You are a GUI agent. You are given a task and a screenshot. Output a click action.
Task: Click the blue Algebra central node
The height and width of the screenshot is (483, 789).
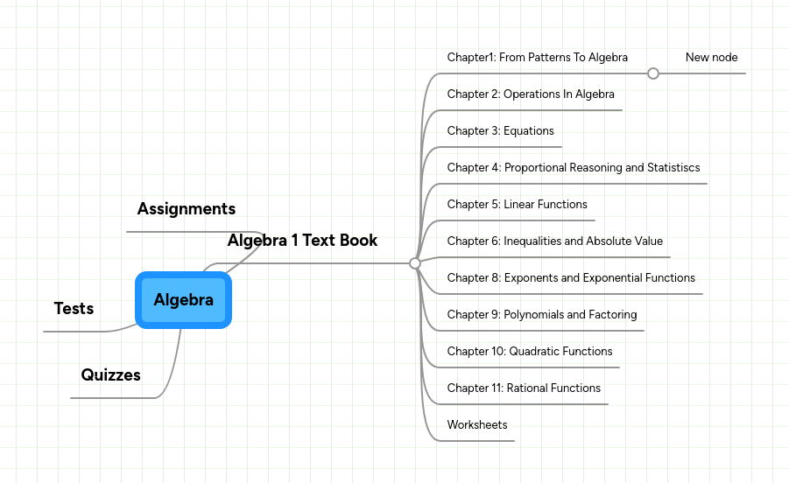coord(184,300)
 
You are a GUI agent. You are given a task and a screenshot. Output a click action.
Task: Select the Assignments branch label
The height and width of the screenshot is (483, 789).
coord(187,209)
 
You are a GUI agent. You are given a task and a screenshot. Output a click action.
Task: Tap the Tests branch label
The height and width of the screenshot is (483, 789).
coord(74,309)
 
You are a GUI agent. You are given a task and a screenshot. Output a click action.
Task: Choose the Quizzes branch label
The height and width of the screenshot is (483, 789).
coord(111,375)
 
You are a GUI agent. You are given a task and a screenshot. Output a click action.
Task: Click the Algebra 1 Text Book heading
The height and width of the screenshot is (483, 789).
coord(302,241)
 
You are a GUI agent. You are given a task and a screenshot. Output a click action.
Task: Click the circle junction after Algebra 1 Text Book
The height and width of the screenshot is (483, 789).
coord(415,262)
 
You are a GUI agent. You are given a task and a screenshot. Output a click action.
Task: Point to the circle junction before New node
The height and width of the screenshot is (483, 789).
coord(653,73)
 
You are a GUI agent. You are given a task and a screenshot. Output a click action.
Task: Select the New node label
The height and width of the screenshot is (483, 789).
coord(711,58)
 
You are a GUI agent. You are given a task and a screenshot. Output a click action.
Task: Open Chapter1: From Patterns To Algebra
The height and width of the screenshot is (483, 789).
coord(537,58)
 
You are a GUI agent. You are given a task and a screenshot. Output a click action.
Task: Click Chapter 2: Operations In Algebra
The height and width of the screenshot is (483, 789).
coord(531,94)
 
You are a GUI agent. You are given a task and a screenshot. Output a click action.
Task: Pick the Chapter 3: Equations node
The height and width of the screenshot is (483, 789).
coord(500,131)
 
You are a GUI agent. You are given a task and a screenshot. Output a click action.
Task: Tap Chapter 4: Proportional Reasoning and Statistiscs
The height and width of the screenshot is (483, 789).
coord(573,168)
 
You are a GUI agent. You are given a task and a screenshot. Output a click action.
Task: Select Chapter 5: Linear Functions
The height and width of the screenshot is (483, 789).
coord(517,205)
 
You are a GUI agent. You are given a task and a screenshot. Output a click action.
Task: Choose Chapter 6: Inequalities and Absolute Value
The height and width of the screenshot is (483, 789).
coord(554,241)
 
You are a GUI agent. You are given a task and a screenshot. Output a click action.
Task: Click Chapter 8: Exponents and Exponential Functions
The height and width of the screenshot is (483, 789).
coord(571,278)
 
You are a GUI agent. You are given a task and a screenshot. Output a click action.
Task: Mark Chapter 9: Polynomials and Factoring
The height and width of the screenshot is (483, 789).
coord(541,315)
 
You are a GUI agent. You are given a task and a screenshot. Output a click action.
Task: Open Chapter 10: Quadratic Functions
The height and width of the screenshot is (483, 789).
coord(529,352)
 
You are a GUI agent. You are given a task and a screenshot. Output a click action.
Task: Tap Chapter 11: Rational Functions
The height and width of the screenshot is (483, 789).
coord(524,388)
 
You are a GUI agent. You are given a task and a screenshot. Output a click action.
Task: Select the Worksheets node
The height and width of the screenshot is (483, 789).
coord(476,425)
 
